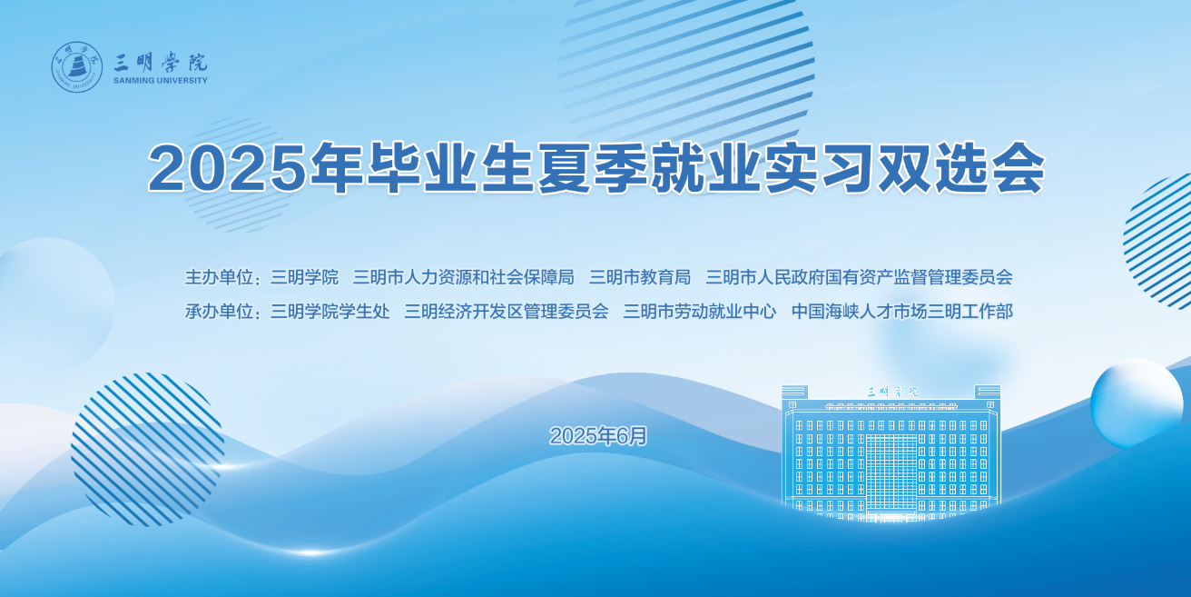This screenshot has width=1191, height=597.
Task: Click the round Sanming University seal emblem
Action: [x=77, y=67]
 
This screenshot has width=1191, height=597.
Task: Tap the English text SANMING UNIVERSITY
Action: [x=161, y=81]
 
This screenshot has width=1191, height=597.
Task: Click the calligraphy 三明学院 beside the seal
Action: [x=161, y=63]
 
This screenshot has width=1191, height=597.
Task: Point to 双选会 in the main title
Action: [x=961, y=167]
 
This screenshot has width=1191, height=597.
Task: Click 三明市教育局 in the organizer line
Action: [x=640, y=277]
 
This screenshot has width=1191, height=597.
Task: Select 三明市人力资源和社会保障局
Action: [x=464, y=277]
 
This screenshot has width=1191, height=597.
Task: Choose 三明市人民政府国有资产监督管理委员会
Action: [x=860, y=277]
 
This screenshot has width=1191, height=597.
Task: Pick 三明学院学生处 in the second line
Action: [x=330, y=312]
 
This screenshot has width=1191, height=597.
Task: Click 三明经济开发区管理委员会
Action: [x=507, y=312]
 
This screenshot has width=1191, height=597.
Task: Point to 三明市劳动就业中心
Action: [x=700, y=312]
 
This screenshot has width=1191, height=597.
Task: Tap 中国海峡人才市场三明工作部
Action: [x=902, y=312]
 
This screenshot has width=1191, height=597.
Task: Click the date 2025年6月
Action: [x=598, y=436]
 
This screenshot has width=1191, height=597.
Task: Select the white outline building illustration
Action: [x=891, y=453]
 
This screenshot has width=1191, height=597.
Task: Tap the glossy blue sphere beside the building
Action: [x=1137, y=403]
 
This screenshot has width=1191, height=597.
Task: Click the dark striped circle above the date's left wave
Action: [x=148, y=450]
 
